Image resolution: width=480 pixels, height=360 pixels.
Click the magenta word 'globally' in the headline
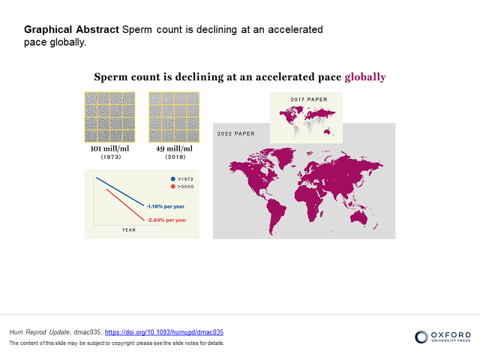[365, 77]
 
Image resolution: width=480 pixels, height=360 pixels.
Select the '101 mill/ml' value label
[109, 148]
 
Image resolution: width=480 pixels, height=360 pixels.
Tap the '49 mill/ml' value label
[174, 148]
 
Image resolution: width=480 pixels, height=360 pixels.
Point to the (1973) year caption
[111, 157]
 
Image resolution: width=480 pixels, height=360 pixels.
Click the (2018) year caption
[175, 157]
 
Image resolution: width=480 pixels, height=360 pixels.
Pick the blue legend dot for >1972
[173, 178]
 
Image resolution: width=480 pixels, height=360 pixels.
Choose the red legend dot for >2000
[173, 187]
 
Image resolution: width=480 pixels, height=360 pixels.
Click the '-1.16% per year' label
[165, 206]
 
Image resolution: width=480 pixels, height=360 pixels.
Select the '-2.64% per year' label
[166, 220]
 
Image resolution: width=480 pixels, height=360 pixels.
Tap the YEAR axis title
[128, 230]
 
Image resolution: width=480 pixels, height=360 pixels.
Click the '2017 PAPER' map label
[309, 100]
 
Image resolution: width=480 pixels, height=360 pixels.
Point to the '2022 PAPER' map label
[235, 133]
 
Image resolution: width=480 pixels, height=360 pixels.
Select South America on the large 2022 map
[276, 215]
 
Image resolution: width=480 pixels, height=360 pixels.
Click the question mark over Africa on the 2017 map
[308, 125]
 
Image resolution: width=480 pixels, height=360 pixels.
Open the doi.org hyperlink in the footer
[164, 332]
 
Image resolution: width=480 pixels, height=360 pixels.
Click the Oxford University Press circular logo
[421, 337]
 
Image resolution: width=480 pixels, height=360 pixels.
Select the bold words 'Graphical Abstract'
[71, 30]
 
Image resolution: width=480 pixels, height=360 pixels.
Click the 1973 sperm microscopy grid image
[110, 117]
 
